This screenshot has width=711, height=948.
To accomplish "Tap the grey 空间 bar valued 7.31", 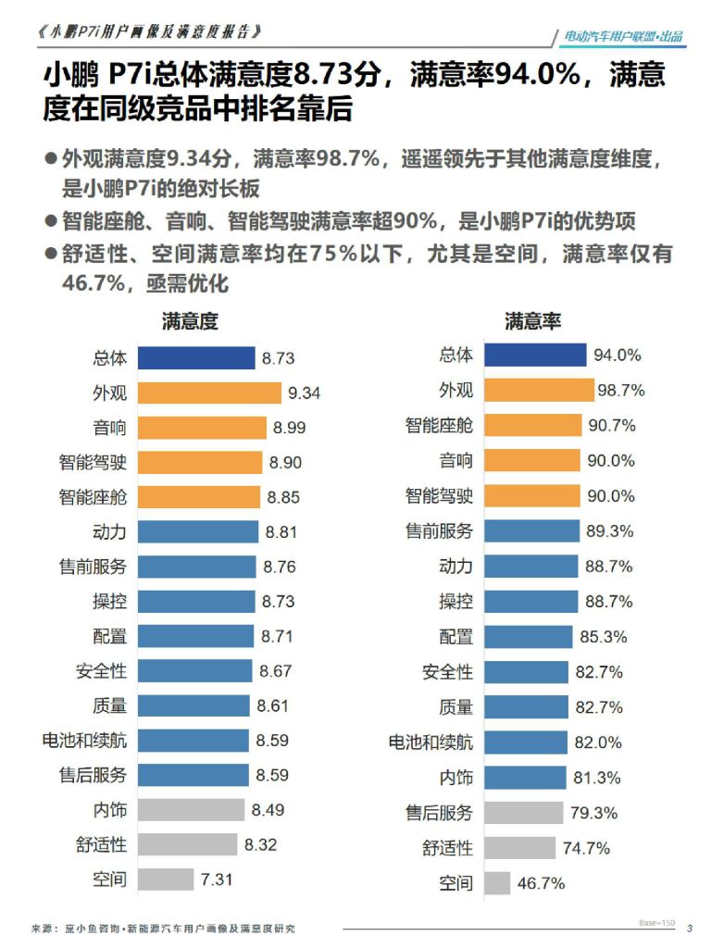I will click(165, 879).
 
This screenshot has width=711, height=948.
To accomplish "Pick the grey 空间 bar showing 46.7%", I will click(496, 883).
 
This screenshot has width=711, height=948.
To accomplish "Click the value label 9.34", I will click(304, 393).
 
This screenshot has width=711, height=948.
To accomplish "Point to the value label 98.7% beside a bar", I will click(620, 391).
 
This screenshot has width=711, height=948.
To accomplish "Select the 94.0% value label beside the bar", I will click(617, 355).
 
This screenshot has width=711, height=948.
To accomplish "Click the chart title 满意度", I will click(190, 321).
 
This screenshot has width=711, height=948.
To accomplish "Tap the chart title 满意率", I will click(532, 321).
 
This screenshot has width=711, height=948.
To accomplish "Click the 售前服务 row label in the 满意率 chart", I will click(439, 531).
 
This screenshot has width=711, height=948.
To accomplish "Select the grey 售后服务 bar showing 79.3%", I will click(523, 813).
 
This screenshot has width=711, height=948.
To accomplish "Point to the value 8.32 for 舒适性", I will click(260, 844).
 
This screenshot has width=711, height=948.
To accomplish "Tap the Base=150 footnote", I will click(656, 924).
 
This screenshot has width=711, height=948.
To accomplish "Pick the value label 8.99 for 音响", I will click(289, 428).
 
